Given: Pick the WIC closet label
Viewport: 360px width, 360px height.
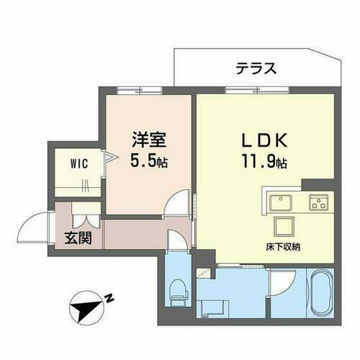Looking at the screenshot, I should [x=79, y=163].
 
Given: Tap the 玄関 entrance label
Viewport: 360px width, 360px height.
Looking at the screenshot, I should [x=79, y=238].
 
